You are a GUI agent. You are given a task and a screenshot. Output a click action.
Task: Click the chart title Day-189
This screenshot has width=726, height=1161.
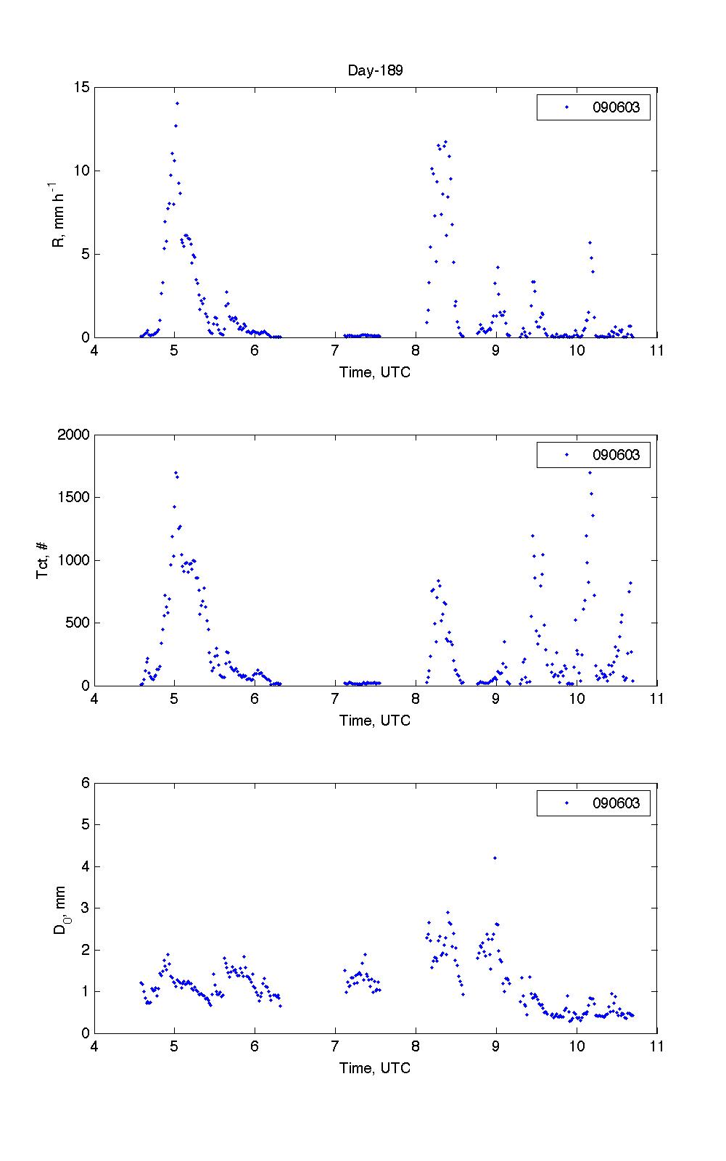click(375, 70)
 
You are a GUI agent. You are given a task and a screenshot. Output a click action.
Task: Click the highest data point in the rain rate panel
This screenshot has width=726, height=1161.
click(177, 103)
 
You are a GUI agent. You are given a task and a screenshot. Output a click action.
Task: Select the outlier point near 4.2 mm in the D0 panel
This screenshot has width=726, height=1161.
click(495, 858)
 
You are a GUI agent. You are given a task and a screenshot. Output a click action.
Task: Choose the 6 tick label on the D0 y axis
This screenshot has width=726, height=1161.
click(85, 783)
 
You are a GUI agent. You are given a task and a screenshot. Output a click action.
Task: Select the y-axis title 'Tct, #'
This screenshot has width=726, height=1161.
click(43, 560)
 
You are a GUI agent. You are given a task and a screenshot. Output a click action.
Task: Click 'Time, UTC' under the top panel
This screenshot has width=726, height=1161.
click(375, 372)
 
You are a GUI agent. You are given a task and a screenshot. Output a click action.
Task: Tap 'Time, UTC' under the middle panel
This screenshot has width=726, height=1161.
click(375, 721)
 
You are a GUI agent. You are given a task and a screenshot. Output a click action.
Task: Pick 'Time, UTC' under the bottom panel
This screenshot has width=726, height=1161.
click(375, 1068)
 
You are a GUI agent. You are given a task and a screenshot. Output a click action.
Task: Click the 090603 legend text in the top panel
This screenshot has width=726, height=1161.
click(616, 107)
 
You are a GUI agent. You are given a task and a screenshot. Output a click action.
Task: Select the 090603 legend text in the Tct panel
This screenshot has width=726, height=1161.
click(616, 455)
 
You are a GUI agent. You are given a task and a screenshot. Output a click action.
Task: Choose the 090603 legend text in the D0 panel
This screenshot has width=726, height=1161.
click(616, 803)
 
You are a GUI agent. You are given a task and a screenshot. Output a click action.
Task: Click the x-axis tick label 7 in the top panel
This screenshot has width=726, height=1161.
click(335, 350)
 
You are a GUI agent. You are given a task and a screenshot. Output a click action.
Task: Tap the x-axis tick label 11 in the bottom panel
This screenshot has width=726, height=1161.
click(656, 1046)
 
